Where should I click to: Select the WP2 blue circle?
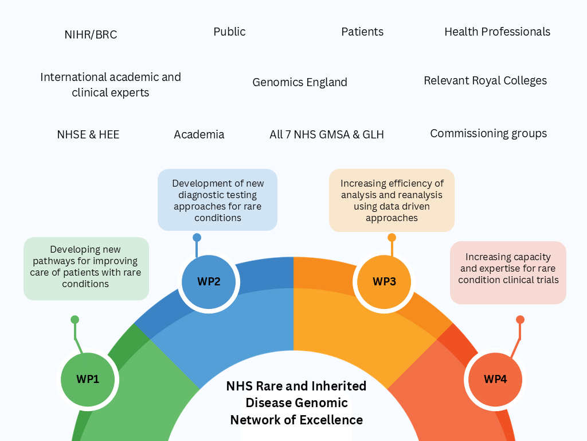coord(209,282)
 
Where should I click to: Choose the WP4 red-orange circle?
coord(495,379)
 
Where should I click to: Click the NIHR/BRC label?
coord(91,34)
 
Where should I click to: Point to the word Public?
coord(229,32)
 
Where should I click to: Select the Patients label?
coord(362,32)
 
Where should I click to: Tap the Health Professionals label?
coord(497,32)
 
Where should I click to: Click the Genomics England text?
coord(300,82)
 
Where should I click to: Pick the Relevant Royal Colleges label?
coord(485,80)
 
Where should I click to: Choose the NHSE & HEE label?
coord(88,134)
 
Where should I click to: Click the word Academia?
coord(199,134)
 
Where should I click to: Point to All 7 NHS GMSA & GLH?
coord(327,134)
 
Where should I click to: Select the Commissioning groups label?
coord(488,133)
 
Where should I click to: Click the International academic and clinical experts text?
coord(111,84)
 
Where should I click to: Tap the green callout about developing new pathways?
coord(86,267)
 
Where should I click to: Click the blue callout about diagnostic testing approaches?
coord(218,200)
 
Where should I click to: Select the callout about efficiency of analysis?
coord(392,200)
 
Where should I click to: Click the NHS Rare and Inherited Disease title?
coord(296,403)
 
